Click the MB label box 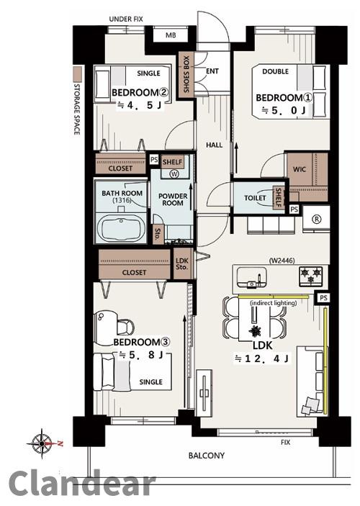pos(171,35)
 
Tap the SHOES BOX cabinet pos(186,74)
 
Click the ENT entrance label pos(212,71)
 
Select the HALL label pos(214,145)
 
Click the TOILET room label pos(255,198)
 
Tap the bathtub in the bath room pos(121,227)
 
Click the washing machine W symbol pos(175,174)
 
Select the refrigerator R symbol pos(317,219)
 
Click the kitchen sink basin pos(252,277)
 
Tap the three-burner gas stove pos(311,276)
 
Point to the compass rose pos(42,443)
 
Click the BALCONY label pos(207,456)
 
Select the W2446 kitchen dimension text pos(282,261)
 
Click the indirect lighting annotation pos(273,303)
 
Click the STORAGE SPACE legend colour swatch pos(77,73)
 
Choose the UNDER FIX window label pos(125,19)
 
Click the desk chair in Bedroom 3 pos(125,327)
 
